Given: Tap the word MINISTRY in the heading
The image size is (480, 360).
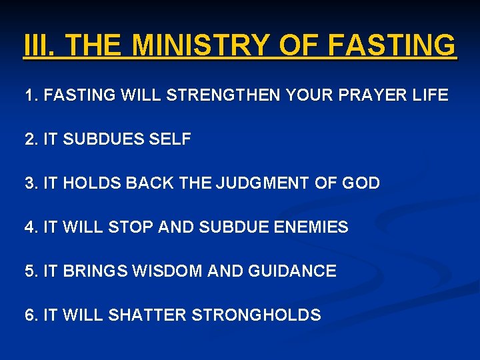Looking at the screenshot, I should pyautogui.click(x=199, y=46).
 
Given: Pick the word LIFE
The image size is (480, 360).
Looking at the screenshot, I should pyautogui.click(x=431, y=95).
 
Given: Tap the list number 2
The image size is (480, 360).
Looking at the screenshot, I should pyautogui.click(x=29, y=139).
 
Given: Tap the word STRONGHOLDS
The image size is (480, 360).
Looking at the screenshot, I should pyautogui.click(x=256, y=315).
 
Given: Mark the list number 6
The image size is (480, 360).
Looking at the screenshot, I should pyautogui.click(x=29, y=315).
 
